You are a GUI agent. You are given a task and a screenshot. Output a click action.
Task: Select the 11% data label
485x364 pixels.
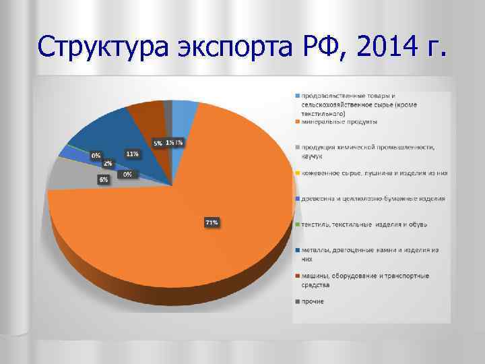[x=132, y=154]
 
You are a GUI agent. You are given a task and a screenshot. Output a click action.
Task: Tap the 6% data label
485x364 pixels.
[x=103, y=180]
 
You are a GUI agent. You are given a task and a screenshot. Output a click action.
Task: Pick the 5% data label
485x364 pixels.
[x=158, y=143]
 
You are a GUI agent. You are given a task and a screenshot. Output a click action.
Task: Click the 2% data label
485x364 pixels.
[x=107, y=163]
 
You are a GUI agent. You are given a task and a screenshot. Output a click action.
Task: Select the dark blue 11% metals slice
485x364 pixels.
[x=101, y=131]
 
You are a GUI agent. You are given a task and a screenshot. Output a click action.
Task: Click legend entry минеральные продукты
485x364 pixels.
[x=339, y=122]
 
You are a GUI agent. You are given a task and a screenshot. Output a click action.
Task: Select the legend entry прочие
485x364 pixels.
[x=313, y=301]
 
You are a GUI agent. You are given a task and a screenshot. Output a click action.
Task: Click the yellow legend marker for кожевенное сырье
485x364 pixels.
[x=296, y=173]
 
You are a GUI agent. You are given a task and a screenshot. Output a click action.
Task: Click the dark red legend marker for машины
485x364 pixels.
[x=296, y=276]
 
